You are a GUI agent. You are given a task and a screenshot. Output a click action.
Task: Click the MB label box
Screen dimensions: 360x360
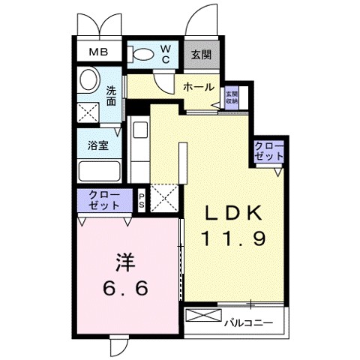tap(99, 52)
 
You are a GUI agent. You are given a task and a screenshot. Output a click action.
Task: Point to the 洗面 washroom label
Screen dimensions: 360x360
tap(111, 97)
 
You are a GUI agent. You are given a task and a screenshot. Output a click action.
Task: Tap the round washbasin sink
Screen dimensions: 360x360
tap(89, 79)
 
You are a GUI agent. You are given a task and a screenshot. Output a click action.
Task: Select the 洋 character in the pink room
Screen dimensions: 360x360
tap(124, 263)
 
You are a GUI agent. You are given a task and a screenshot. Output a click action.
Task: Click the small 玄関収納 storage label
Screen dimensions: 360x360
tap(232, 96)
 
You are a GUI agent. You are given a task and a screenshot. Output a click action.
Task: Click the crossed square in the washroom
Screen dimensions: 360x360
tap(88, 112)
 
